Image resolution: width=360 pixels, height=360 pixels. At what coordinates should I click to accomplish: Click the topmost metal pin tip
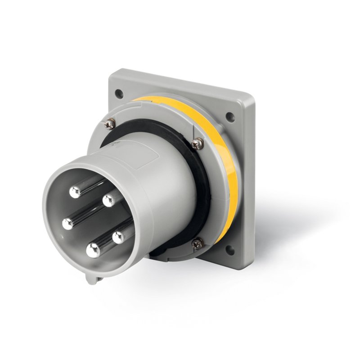tap(75, 192)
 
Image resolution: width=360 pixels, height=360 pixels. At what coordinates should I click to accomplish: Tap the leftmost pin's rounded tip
tap(68, 223)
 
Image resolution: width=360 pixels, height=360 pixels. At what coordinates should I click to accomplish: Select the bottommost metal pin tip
tap(93, 251)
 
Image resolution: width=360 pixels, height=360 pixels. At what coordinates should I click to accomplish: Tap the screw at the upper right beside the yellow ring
tap(196, 144)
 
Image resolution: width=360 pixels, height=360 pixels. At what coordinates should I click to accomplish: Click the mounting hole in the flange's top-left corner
tap(118, 94)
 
